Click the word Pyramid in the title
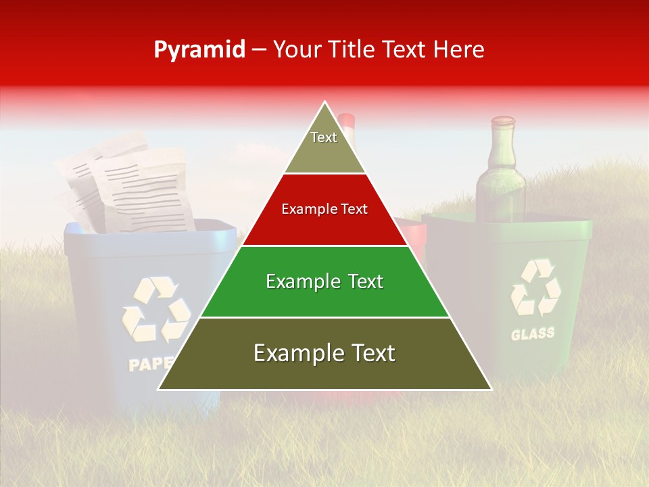pyautogui.click(x=199, y=50)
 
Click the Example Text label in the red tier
pyautogui.click(x=324, y=209)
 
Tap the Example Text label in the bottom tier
pyautogui.click(x=324, y=353)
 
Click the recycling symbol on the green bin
pyautogui.click(x=535, y=287)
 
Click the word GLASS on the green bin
pyautogui.click(x=533, y=333)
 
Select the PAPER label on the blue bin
pyautogui.click(x=150, y=365)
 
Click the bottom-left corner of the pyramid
pyautogui.click(x=159, y=389)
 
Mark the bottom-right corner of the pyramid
pyautogui.click(x=491, y=389)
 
